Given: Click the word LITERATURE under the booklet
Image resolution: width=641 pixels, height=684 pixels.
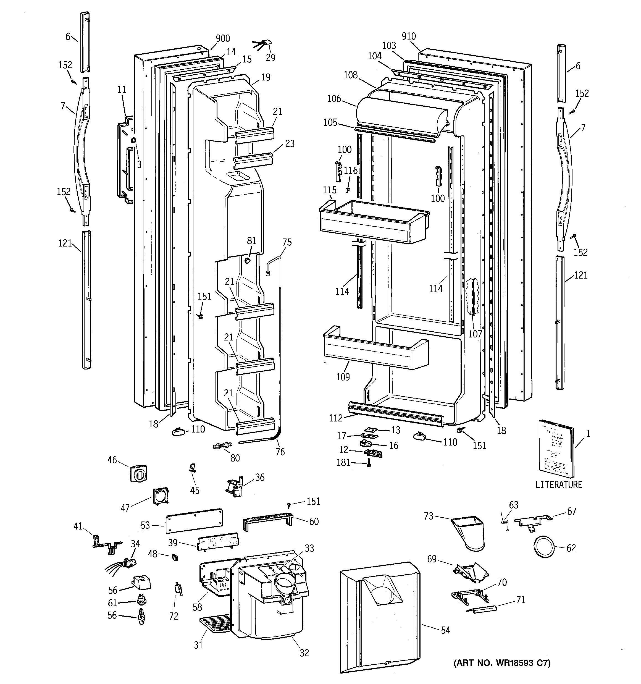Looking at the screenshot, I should point(558,484).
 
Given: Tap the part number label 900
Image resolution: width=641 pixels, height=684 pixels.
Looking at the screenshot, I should point(223,38).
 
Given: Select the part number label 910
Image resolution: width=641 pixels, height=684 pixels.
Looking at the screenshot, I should point(408,36).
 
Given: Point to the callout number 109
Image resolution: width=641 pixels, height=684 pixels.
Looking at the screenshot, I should point(343,377).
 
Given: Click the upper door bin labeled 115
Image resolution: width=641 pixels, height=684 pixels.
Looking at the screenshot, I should point(373,222).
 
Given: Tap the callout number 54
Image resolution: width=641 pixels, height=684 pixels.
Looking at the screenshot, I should point(445,630).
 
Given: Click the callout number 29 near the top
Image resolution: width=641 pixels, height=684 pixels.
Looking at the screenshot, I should point(270,57).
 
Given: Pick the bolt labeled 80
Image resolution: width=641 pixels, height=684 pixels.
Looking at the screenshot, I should point(222,445).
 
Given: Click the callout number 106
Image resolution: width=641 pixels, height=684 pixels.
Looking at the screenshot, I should point(334,99).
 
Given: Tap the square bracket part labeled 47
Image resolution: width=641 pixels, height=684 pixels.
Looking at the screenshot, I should point(160,496).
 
